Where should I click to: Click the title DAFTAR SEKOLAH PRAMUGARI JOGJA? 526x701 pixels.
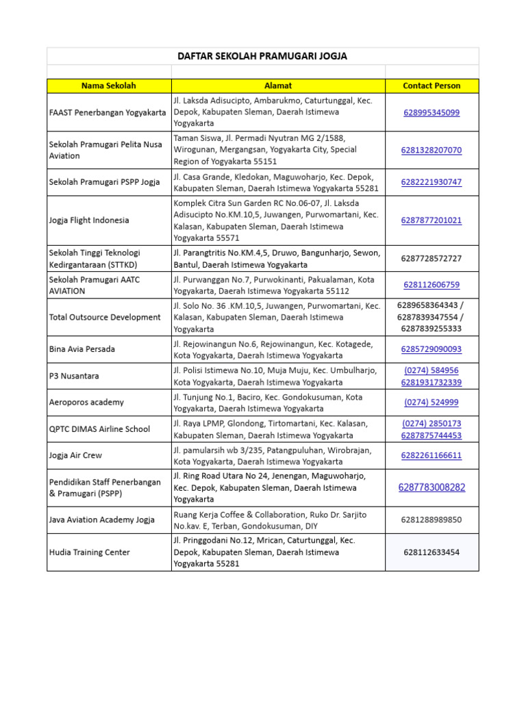pyautogui.click(x=263, y=56)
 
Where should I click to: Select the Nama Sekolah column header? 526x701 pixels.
pyautogui.click(x=109, y=86)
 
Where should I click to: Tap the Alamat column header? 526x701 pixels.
pyautogui.click(x=278, y=86)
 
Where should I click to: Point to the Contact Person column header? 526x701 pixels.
pyautogui.click(x=431, y=86)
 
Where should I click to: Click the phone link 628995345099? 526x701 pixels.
pyautogui.click(x=431, y=112)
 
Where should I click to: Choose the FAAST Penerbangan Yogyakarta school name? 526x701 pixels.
pyautogui.click(x=108, y=112)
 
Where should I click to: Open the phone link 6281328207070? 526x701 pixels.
pyautogui.click(x=431, y=150)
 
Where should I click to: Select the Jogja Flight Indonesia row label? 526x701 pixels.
pyautogui.click(x=89, y=220)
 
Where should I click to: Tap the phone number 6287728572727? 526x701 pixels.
pyautogui.click(x=431, y=258)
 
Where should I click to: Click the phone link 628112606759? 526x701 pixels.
pyautogui.click(x=431, y=285)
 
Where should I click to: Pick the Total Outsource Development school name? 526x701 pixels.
pyautogui.click(x=105, y=317)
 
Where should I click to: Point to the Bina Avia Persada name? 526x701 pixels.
pyautogui.click(x=82, y=349)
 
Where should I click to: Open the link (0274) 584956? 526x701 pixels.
pyautogui.click(x=431, y=370)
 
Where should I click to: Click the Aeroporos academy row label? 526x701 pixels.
pyautogui.click(x=86, y=403)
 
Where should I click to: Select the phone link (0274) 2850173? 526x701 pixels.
pyautogui.click(x=431, y=424)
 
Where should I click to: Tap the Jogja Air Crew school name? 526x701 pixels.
pyautogui.click(x=75, y=455)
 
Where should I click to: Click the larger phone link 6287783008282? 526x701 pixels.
pyautogui.click(x=431, y=487)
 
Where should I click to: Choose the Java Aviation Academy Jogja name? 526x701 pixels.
pyautogui.click(x=102, y=520)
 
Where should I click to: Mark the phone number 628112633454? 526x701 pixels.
pyautogui.click(x=431, y=552)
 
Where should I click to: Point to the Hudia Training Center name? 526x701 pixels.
pyautogui.click(x=90, y=552)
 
